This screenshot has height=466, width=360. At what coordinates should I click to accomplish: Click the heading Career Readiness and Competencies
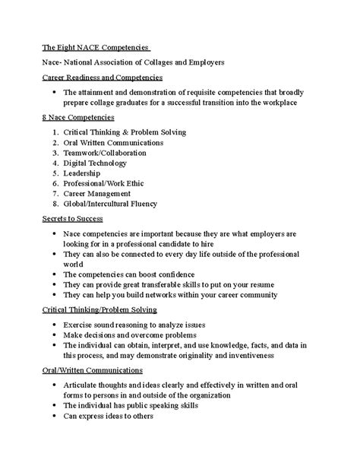point(102,77)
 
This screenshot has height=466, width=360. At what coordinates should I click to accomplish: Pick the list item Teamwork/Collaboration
point(107,152)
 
